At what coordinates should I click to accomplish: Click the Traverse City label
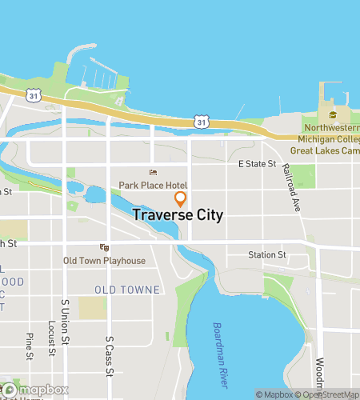[177, 215]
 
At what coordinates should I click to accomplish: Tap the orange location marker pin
[181, 198]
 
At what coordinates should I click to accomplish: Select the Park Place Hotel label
[153, 185]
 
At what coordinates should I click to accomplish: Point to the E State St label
[257, 164]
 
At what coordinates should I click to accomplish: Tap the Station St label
[266, 255]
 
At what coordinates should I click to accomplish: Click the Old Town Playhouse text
[105, 261]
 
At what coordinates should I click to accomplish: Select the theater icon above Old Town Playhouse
[102, 248]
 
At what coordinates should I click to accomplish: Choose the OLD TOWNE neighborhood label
[126, 289]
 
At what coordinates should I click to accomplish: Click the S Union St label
[65, 319]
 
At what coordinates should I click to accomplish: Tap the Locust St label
[50, 339]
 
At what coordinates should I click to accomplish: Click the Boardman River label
[222, 341]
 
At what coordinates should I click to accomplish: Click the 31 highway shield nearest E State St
[202, 122]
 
